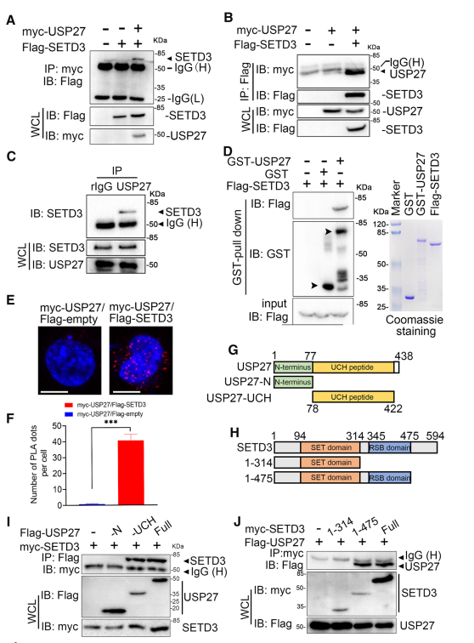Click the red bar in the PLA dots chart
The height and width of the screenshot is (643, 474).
point(131,472)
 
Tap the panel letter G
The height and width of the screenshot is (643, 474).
point(233,350)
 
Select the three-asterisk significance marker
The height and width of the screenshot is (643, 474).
point(111,423)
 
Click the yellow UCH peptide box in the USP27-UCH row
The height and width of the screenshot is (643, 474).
point(353,397)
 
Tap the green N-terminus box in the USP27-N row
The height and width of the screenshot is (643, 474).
point(293,382)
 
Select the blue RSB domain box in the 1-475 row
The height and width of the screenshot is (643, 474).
point(390,478)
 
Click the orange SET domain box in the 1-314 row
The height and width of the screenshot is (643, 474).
point(330,463)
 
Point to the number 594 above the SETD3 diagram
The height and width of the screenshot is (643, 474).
point(435,436)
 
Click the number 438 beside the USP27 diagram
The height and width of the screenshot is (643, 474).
point(404,356)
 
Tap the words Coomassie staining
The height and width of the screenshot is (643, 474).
point(415,326)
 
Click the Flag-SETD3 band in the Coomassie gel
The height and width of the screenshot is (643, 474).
point(434,244)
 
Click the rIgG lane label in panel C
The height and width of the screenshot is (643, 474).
point(102,187)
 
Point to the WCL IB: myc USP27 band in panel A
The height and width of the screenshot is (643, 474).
point(139,136)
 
